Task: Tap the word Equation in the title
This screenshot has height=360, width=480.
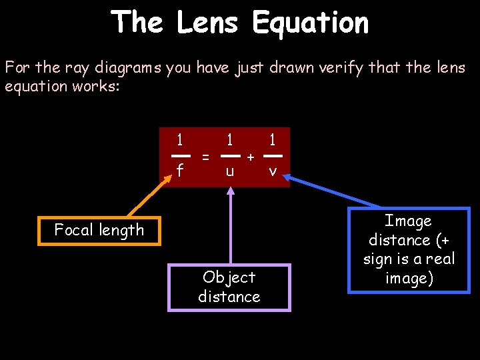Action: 310,23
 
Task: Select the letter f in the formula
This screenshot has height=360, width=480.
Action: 179,171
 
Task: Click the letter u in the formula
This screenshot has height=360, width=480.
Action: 229,171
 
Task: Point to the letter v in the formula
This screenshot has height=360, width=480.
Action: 272,171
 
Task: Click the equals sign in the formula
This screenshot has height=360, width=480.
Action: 206,157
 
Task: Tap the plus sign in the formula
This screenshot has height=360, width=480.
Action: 250,157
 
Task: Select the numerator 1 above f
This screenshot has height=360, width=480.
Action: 179,140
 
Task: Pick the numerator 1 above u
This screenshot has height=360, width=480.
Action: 229,140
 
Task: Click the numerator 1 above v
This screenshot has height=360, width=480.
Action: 272,140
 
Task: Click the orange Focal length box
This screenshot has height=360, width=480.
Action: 99,231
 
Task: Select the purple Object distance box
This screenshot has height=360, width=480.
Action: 229,287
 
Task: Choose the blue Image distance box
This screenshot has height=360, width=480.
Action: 408,249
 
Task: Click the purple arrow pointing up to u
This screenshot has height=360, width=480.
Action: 230,227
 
